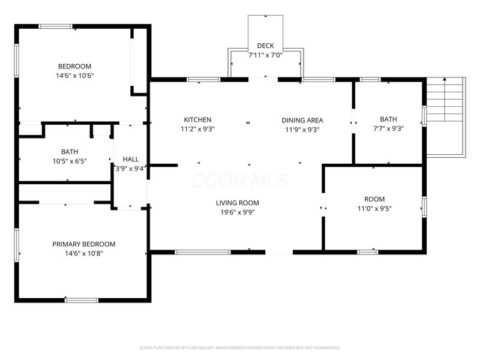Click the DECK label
(265, 46)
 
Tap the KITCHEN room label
(197, 119)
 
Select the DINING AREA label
(302, 121)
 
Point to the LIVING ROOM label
(237, 203)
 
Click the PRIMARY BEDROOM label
(83, 244)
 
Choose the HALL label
(131, 159)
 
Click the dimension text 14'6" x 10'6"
(74, 76)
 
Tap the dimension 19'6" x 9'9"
(238, 212)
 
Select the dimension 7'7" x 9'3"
(388, 128)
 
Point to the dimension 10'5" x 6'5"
(70, 161)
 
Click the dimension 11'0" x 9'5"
(374, 208)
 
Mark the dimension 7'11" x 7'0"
(265, 55)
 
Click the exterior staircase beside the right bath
(446, 117)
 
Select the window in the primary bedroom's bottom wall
(82, 301)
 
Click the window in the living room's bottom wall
(203, 252)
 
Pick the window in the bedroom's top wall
(55, 26)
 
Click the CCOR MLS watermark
(240, 181)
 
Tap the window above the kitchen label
(203, 80)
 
